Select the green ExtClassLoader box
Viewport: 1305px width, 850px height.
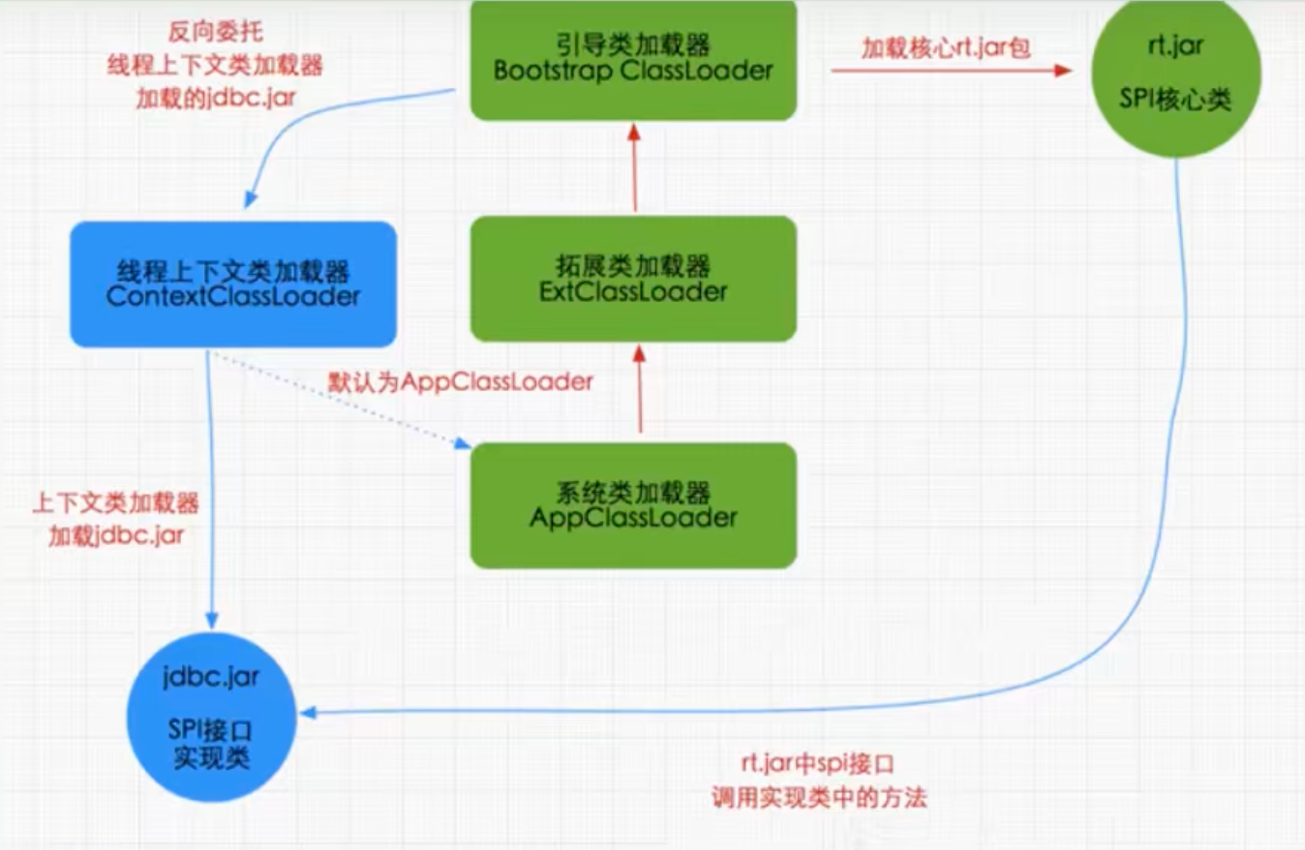click(x=633, y=279)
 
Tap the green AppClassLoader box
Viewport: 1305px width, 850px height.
click(x=633, y=505)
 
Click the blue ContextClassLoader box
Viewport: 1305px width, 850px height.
click(x=233, y=285)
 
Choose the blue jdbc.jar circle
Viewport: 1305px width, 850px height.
click(x=211, y=717)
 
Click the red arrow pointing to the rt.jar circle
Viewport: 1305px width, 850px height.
click(x=952, y=71)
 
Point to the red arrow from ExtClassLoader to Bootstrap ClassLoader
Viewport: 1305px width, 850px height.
click(x=634, y=167)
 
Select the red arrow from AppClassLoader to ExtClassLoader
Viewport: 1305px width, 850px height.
click(x=640, y=388)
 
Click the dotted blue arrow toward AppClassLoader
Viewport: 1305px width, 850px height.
click(x=341, y=400)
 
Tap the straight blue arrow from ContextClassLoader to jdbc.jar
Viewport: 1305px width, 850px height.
click(x=210, y=489)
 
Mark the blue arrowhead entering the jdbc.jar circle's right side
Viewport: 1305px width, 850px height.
click(x=308, y=713)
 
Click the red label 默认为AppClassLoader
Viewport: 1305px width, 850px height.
click(x=460, y=382)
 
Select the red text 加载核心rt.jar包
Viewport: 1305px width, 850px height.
click(x=946, y=47)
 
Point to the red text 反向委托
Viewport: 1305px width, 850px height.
click(x=216, y=31)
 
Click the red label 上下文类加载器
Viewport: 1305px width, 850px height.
click(x=116, y=502)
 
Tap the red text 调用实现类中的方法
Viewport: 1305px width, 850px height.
click(x=819, y=797)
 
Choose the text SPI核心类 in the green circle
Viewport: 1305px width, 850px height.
click(x=1175, y=99)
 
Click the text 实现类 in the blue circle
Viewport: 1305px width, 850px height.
click(x=211, y=758)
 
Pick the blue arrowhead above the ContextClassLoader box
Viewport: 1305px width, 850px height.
click(x=251, y=199)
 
